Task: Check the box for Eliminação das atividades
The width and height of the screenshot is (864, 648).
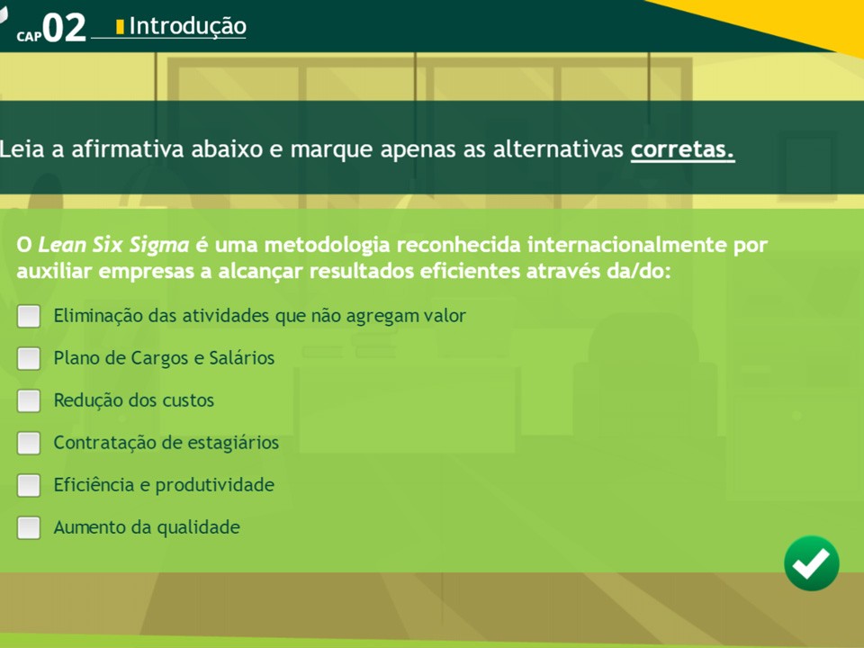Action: [29, 316]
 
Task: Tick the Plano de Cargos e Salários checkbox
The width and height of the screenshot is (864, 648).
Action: [29, 359]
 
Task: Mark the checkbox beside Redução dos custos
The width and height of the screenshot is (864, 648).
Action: [29, 400]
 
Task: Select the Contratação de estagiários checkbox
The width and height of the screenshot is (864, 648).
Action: [29, 443]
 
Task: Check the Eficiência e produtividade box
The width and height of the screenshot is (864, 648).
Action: [29, 485]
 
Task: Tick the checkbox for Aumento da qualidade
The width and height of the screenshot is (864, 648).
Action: [29, 528]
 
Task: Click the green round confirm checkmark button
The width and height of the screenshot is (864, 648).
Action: [812, 563]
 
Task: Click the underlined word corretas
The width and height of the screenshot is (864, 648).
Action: [683, 149]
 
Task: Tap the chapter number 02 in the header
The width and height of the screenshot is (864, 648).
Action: [65, 28]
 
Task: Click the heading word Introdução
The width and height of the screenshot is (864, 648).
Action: [188, 26]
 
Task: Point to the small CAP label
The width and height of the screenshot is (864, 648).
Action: [29, 36]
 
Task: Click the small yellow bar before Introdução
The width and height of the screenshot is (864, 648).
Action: [120, 26]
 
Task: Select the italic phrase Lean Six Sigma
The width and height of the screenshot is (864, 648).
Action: [113, 245]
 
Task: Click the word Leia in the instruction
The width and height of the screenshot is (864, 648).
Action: [22, 149]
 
